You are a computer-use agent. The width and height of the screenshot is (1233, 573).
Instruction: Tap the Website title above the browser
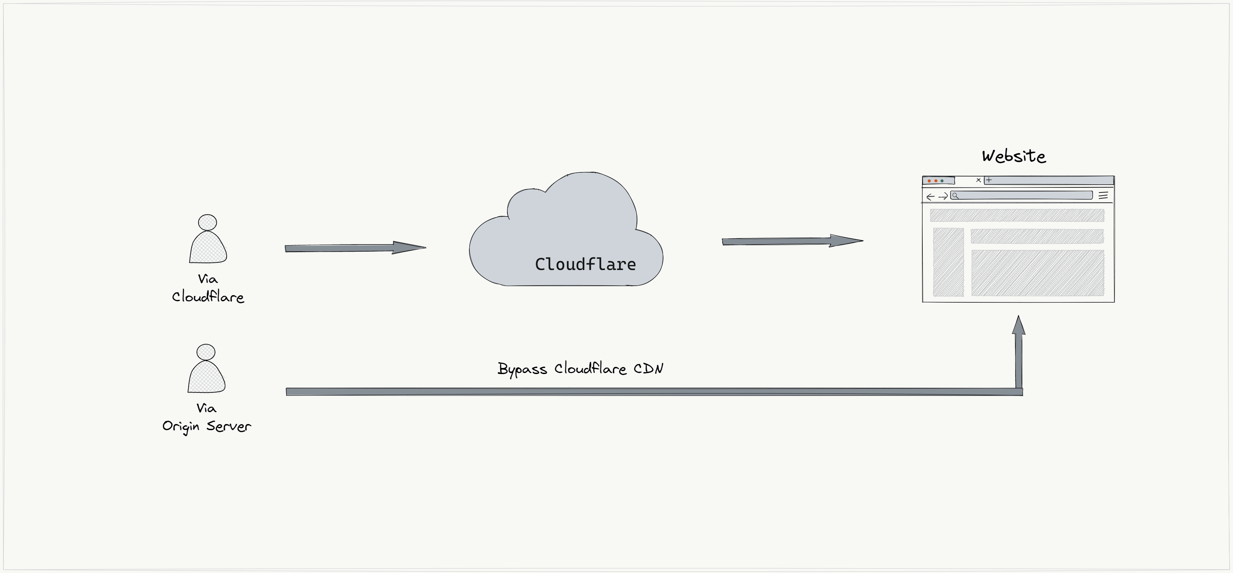click(1013, 156)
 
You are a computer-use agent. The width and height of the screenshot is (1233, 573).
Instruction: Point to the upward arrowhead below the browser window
click(1019, 326)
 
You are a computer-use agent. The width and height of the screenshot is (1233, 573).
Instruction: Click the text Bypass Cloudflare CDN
click(580, 369)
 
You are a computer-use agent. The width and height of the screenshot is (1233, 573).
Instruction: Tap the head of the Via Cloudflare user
click(207, 222)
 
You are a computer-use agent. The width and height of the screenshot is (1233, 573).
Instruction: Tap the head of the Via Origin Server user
click(206, 352)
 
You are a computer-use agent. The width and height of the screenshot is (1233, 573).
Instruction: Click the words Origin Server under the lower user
click(206, 426)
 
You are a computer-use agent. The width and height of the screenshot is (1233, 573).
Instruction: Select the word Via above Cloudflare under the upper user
click(208, 279)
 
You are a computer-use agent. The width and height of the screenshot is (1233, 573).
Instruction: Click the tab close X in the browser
click(978, 180)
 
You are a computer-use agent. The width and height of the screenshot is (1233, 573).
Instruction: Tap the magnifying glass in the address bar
click(955, 196)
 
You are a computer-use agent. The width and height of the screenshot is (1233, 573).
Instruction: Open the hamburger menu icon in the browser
click(1103, 196)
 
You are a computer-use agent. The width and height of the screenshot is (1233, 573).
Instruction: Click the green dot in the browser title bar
click(942, 181)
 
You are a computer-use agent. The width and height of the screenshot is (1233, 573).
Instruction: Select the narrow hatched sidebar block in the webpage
click(948, 262)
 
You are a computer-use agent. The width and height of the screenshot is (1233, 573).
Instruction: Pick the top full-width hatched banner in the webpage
click(1017, 215)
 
